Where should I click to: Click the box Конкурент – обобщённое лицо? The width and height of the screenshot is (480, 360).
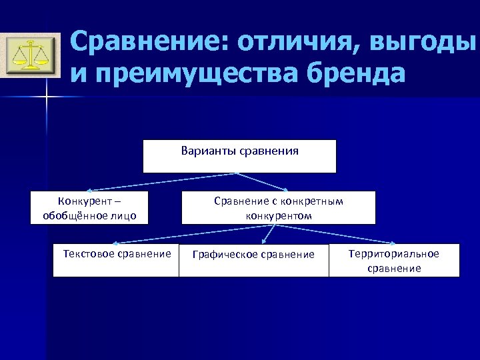pyautogui.click(x=89, y=207)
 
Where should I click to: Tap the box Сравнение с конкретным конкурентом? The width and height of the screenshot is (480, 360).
pyautogui.click(x=278, y=207)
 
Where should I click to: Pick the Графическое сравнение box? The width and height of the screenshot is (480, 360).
pyautogui.click(x=253, y=260)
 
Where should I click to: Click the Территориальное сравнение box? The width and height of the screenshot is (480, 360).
pyautogui.click(x=394, y=260)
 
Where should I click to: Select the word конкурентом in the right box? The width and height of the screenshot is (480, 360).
pyautogui.click(x=278, y=216)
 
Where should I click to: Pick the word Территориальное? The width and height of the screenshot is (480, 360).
pyautogui.click(x=394, y=253)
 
